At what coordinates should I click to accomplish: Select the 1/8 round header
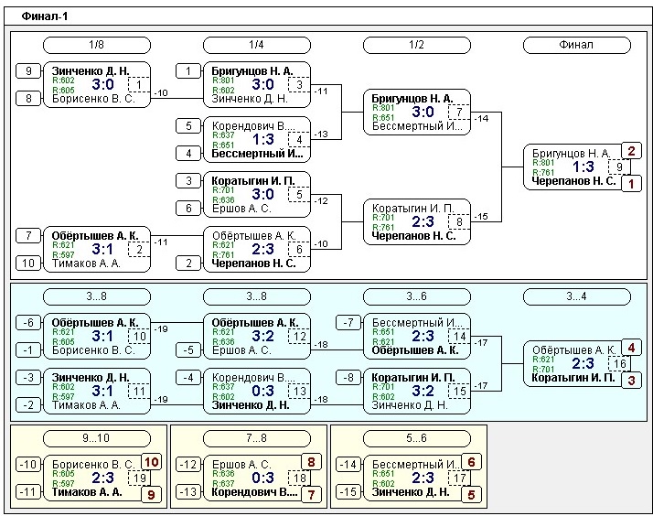[x=96, y=45]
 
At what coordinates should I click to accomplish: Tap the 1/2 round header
[x=415, y=45]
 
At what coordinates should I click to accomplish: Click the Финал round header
[x=575, y=45]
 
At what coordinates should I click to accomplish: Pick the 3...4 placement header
[x=575, y=296]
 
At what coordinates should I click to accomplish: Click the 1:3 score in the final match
[x=583, y=167]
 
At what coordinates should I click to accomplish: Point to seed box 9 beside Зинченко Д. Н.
[x=29, y=70]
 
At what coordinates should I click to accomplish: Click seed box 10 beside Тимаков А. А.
[x=29, y=263]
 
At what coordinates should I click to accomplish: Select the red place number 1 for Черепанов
[x=631, y=184]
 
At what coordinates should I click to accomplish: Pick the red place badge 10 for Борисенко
[x=152, y=462]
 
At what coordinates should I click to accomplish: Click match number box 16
[x=619, y=363]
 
